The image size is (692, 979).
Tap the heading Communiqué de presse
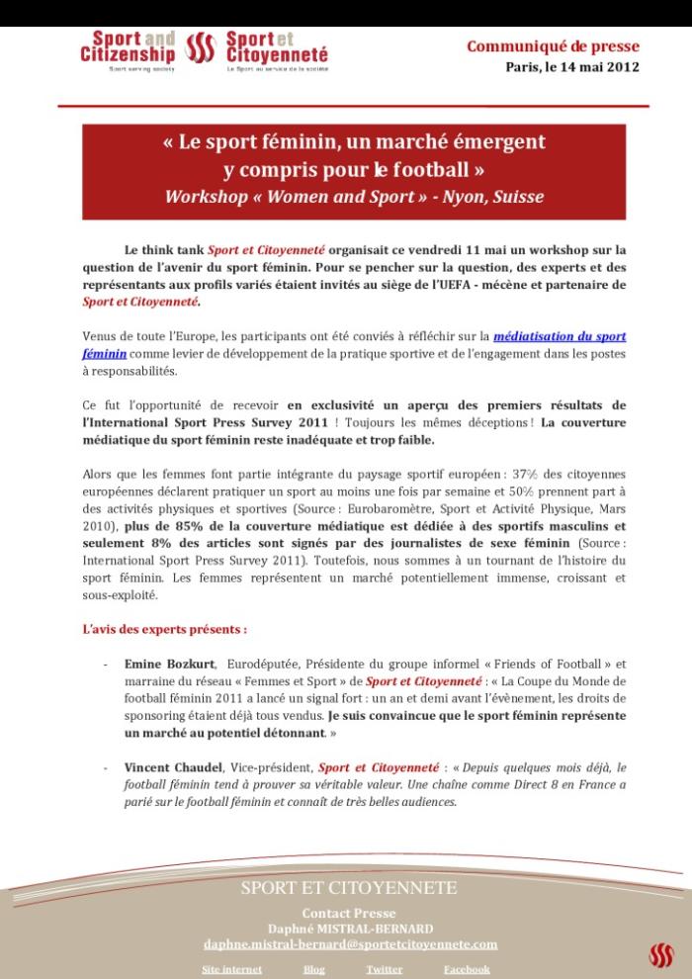point(553,46)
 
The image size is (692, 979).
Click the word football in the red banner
point(417,169)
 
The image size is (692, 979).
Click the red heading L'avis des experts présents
point(164,628)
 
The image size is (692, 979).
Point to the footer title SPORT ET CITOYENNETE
point(349,888)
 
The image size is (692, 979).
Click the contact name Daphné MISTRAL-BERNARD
point(349,928)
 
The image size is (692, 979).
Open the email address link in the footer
point(350,944)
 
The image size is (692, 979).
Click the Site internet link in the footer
point(231,969)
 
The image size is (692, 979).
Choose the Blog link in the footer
point(313,969)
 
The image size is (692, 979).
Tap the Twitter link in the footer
point(384,969)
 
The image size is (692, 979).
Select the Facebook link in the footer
point(467,969)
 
